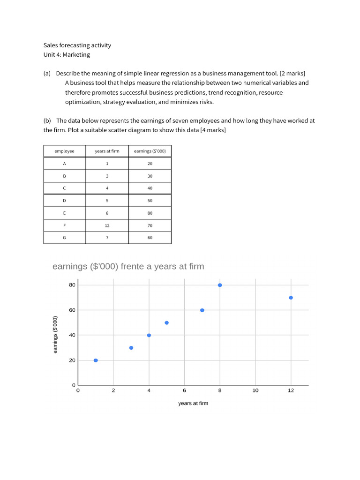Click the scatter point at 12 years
pyautogui.click(x=291, y=298)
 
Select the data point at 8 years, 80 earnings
pyautogui.click(x=220, y=285)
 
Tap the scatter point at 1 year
pyautogui.click(x=96, y=360)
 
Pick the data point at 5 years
pyautogui.click(x=166, y=322)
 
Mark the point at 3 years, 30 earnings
pyautogui.click(x=131, y=348)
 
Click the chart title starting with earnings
pyautogui.click(x=128, y=266)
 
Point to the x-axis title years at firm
pyautogui.click(x=193, y=403)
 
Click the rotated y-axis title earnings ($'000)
pyautogui.click(x=55, y=335)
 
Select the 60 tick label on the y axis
pyautogui.click(x=72, y=310)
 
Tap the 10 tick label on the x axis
pyautogui.click(x=255, y=390)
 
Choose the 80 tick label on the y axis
pyautogui.click(x=72, y=285)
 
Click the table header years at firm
pyautogui.click(x=107, y=151)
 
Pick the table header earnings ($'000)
pyautogui.click(x=150, y=151)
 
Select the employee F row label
pyautogui.click(x=64, y=225)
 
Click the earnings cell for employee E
pyautogui.click(x=150, y=213)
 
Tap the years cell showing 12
pyautogui.click(x=107, y=225)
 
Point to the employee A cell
pyautogui.click(x=64, y=164)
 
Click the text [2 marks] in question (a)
pyautogui.click(x=292, y=74)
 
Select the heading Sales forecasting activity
pyautogui.click(x=77, y=45)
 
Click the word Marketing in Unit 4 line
pyautogui.click(x=76, y=54)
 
